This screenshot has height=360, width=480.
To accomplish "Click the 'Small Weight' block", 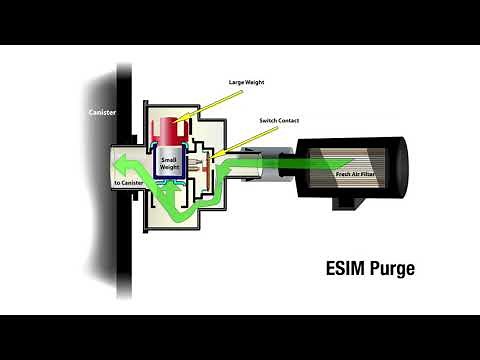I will [168, 160].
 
